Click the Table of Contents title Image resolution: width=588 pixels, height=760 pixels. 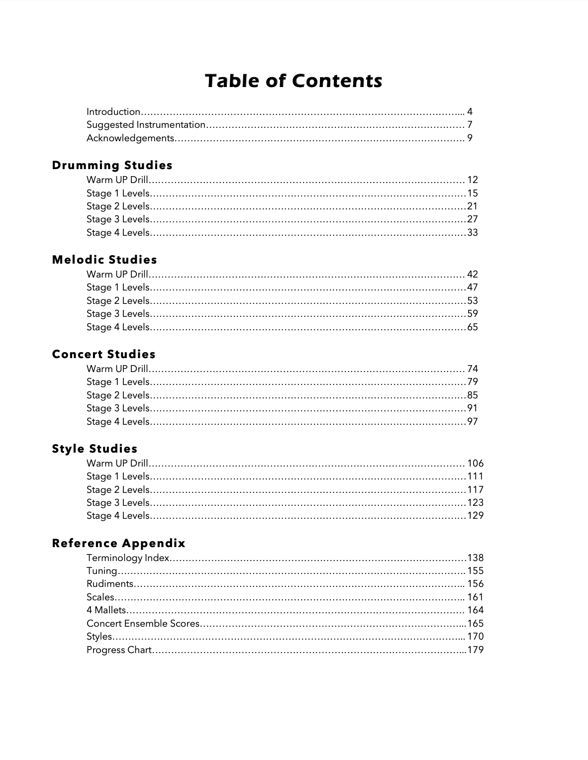(294, 81)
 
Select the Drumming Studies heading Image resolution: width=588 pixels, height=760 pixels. (112, 165)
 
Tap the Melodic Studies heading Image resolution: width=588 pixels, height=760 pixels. (104, 260)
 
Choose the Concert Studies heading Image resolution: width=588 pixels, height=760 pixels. (103, 354)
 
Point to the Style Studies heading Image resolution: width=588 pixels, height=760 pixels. (95, 449)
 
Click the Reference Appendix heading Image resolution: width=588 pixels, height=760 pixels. (118, 543)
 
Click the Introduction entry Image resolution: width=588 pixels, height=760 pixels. (113, 112)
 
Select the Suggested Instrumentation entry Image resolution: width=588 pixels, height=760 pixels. (146, 125)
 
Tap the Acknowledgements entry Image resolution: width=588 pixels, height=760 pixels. (130, 138)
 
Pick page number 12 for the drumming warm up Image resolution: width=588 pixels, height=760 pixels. (473, 180)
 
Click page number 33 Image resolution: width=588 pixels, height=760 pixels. (473, 232)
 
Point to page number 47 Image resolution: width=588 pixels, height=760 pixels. (473, 287)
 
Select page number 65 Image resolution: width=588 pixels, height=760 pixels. (473, 327)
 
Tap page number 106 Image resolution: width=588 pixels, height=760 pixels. (476, 464)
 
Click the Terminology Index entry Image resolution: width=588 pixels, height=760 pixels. (128, 558)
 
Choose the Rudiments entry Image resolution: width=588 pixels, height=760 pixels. (110, 584)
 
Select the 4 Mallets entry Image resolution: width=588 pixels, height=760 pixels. (106, 610)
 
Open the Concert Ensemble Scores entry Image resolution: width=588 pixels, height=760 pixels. (143, 624)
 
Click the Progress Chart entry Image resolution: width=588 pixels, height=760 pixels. (119, 650)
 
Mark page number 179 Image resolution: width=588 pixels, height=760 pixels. (476, 650)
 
